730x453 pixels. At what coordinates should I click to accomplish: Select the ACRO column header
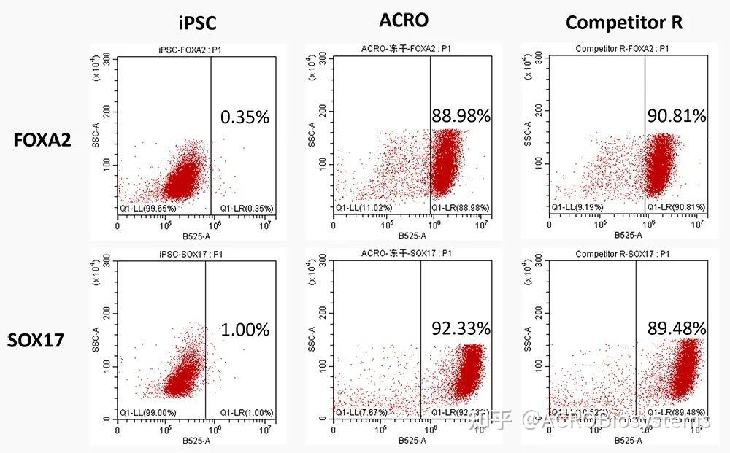[404, 20]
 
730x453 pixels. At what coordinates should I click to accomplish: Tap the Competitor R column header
[624, 23]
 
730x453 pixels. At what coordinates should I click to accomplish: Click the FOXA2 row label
[42, 139]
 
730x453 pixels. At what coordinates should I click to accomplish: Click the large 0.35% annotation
[245, 117]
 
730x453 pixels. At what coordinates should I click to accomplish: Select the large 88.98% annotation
[461, 116]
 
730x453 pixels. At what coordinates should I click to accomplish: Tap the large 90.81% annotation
[677, 115]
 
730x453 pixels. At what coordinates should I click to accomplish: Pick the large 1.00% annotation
[245, 330]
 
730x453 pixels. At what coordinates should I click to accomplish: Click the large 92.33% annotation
[461, 328]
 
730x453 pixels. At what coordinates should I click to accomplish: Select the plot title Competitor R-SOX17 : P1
[622, 254]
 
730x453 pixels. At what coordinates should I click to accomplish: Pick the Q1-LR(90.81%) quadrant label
[678, 207]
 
